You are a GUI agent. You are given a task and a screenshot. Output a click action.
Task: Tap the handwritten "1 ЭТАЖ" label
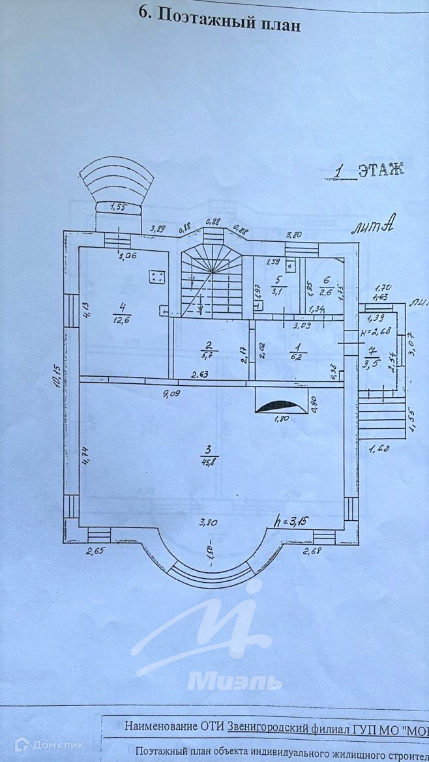coord(369,170)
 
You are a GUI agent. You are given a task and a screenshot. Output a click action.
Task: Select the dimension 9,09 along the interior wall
coord(171,392)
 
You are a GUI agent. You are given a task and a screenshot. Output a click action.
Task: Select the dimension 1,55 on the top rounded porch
coord(118,207)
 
